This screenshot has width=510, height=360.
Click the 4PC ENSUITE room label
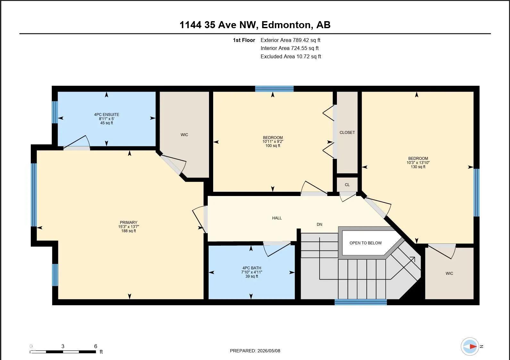[x=106, y=115]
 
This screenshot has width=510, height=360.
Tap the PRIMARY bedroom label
[x=129, y=222]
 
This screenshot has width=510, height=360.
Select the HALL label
[x=277, y=218]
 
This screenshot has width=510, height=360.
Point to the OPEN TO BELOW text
[x=366, y=243]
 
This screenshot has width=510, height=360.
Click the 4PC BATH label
[x=252, y=268]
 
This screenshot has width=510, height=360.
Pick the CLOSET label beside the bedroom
[x=347, y=133]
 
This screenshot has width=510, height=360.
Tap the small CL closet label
[x=347, y=185]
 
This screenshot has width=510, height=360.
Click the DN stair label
[x=320, y=225]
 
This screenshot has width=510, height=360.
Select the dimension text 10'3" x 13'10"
[x=418, y=163]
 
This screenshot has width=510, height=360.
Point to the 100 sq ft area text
[x=273, y=145]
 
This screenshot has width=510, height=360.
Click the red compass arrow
[x=473, y=346]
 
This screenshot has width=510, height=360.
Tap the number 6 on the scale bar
[x=96, y=346]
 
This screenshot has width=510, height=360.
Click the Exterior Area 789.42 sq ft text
[x=290, y=40]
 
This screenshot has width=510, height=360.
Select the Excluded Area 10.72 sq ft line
[x=291, y=56]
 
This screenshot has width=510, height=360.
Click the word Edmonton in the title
[x=286, y=25]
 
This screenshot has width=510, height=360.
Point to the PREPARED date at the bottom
[x=255, y=351]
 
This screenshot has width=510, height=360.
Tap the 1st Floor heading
[x=244, y=40]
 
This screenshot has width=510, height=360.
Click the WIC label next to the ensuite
[x=184, y=135]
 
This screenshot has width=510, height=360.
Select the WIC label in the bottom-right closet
[x=449, y=273]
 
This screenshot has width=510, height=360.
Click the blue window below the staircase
[x=361, y=302]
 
